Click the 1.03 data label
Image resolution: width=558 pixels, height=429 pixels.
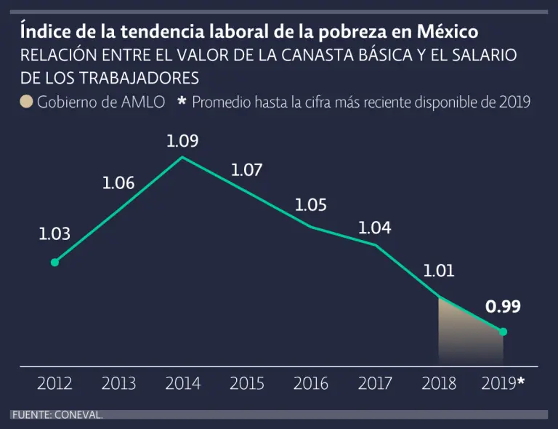[54, 234]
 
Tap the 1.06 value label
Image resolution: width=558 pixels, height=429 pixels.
[118, 183]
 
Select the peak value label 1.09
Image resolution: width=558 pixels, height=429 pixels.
[182, 141]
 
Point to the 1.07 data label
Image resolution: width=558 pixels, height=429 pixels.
[246, 171]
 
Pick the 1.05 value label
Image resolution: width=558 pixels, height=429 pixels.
[310, 205]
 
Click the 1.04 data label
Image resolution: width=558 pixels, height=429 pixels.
[375, 228]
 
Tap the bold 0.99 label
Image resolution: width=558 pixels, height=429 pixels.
[503, 307]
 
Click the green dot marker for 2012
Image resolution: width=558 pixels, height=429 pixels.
[54, 262]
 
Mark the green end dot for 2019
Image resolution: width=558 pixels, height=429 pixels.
[503, 332]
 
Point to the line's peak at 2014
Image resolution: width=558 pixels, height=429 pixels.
[182, 157]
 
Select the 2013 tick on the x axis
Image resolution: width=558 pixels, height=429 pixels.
[118, 383]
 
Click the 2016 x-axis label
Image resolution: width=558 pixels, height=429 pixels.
[310, 383]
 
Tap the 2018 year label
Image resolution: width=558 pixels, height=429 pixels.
[439, 383]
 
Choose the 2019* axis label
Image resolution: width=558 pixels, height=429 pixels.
[503, 383]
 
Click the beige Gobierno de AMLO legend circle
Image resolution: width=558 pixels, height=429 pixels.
[27, 102]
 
